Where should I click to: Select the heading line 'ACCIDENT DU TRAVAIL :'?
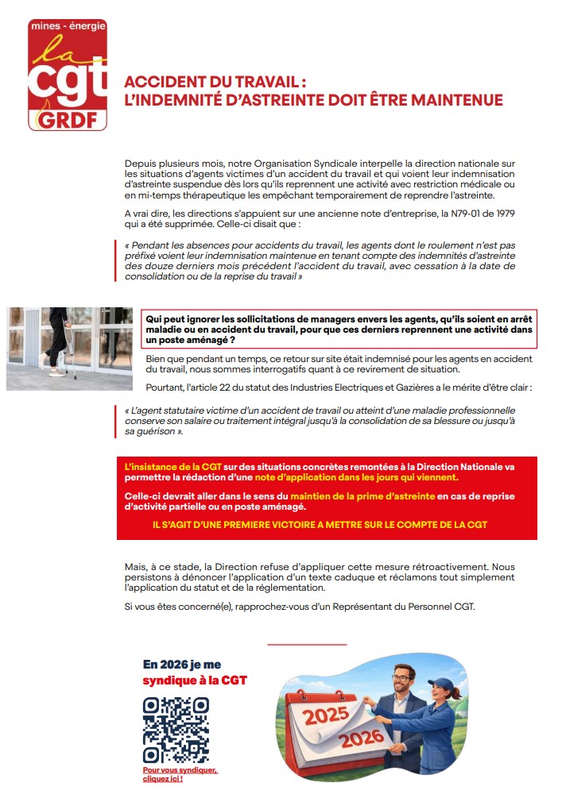coord(215,82)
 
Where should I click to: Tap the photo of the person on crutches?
coord(69,348)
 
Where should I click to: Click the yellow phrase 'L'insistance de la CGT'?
coord(172,466)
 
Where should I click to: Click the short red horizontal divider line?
coord(308,645)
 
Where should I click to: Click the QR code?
coord(176,730)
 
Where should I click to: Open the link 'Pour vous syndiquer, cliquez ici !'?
coord(180,775)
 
